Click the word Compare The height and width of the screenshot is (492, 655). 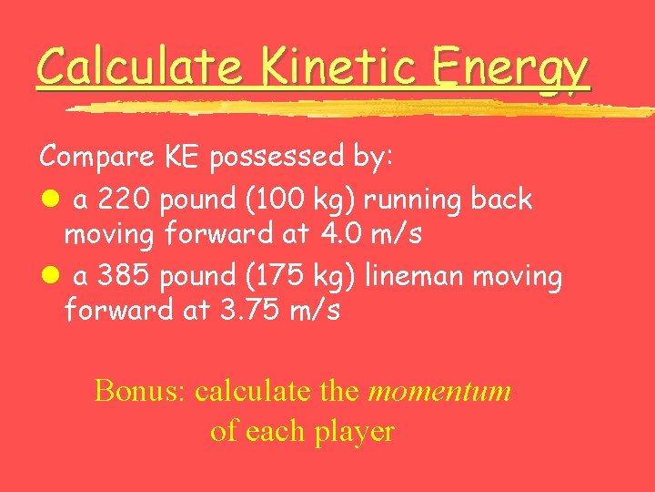coord(97,157)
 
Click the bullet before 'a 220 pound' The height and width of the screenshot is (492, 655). coord(47,199)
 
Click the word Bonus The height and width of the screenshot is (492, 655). coord(137,391)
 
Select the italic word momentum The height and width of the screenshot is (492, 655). coord(439,391)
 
